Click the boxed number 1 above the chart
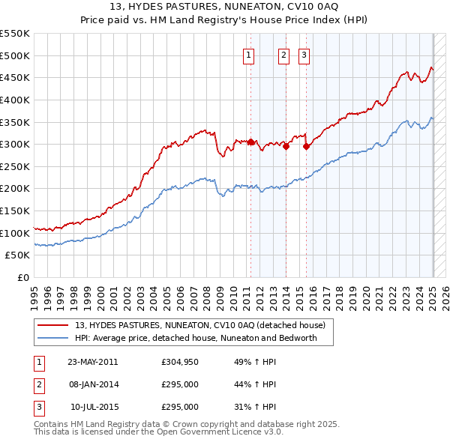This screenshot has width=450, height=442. click(248, 54)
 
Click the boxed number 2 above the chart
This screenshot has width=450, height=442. click(284, 54)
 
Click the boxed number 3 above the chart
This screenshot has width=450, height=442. click(304, 54)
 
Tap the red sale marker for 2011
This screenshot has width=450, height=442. click(250, 142)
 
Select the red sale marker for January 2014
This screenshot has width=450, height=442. click(286, 146)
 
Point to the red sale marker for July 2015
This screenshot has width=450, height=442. click(306, 146)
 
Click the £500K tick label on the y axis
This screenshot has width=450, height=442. click(15, 55)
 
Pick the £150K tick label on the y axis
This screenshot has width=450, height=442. click(15, 211)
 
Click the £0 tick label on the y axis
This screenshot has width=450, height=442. click(22, 277)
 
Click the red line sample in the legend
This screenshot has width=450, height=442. click(52, 326)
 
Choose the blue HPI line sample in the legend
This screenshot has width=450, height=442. click(52, 338)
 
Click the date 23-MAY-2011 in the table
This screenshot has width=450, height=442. click(93, 362)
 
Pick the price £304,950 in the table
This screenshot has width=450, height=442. click(179, 362)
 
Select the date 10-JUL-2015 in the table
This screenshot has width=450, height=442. click(94, 407)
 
